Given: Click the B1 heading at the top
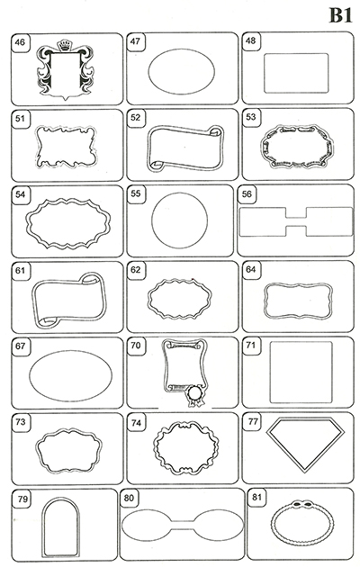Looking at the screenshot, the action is tap(340, 16).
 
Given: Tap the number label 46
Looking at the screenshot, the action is tap(20, 42).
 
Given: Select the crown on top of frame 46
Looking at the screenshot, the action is tap(65, 45).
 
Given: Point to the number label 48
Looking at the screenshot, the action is tap(250, 40).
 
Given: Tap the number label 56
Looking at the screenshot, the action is tap(247, 193).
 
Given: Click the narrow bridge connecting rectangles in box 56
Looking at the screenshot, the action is tap(296, 221).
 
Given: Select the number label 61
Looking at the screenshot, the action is tap(20, 270).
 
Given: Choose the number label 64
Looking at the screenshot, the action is tap(250, 269).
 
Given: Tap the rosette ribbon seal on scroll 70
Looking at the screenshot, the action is tap(195, 395).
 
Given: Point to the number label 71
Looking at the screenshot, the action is tap(250, 345).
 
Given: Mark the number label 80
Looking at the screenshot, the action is tap(129, 498).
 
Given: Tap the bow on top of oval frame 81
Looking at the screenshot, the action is tap(303, 504).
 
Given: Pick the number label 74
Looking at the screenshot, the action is tap(136, 423).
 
